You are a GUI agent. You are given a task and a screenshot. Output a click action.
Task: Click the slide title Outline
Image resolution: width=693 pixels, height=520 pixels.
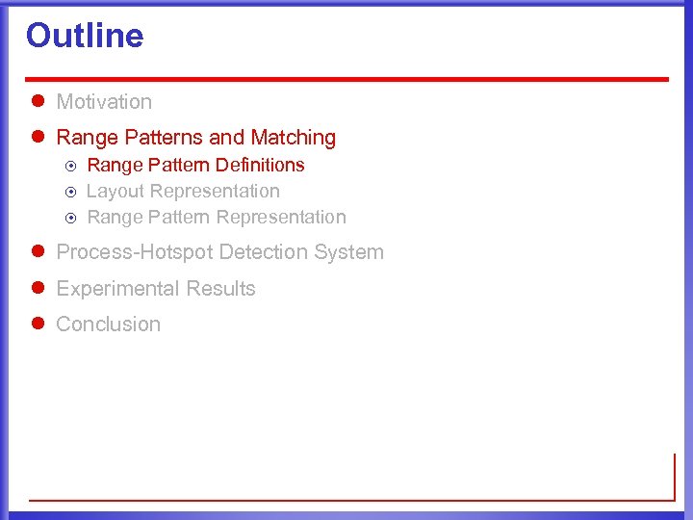(85, 36)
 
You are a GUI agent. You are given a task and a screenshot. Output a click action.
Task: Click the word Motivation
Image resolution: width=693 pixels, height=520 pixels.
(104, 101)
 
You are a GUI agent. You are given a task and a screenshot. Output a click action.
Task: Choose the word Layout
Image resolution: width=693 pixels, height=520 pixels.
(115, 191)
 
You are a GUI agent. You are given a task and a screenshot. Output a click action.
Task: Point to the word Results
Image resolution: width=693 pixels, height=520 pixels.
(221, 289)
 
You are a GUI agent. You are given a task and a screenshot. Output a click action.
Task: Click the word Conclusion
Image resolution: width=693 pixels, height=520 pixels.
(108, 325)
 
